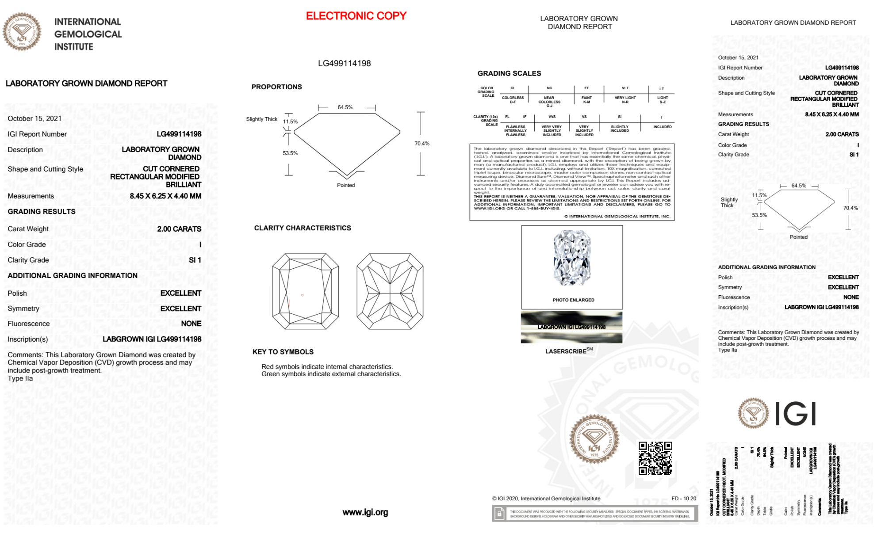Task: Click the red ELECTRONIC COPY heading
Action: pyautogui.click(x=356, y=16)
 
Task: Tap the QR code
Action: pyautogui.click(x=655, y=458)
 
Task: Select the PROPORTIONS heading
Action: pyautogui.click(x=276, y=87)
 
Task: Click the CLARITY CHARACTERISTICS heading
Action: pyautogui.click(x=303, y=228)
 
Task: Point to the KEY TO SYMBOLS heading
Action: pyautogui.click(x=283, y=352)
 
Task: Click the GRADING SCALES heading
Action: pyautogui.click(x=509, y=73)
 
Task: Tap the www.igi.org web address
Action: pyautogui.click(x=365, y=512)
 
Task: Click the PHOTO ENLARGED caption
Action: pyautogui.click(x=573, y=300)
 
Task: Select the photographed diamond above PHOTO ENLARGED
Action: pyautogui.click(x=572, y=258)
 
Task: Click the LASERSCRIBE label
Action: pyautogui.click(x=566, y=351)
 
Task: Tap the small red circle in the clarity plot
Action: pyautogui.click(x=303, y=295)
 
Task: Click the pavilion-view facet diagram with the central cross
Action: pyautogui.click(x=390, y=291)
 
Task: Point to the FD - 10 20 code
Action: pyautogui.click(x=683, y=499)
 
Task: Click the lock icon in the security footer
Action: pyautogui.click(x=499, y=514)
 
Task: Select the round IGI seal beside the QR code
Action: pyautogui.click(x=594, y=438)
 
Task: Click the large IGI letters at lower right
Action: pyautogui.click(x=795, y=414)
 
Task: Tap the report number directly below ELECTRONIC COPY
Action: pyautogui.click(x=344, y=63)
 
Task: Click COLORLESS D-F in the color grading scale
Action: pyautogui.click(x=513, y=100)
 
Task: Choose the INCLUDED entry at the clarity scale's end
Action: pyautogui.click(x=662, y=127)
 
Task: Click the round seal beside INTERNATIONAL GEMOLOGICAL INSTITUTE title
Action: pyautogui.click(x=22, y=32)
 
